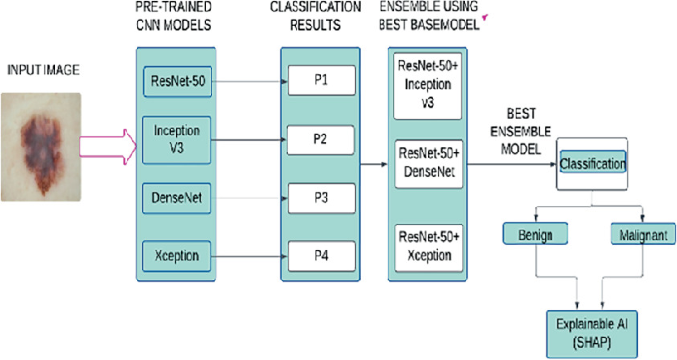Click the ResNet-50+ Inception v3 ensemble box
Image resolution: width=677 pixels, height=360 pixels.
click(x=426, y=87)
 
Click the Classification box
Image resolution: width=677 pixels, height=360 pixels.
click(x=592, y=161)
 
